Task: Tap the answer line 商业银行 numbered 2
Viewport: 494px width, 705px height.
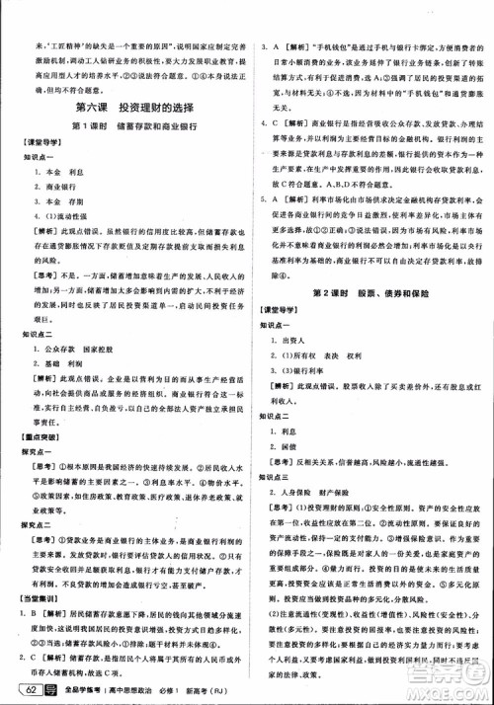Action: pos(59,185)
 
